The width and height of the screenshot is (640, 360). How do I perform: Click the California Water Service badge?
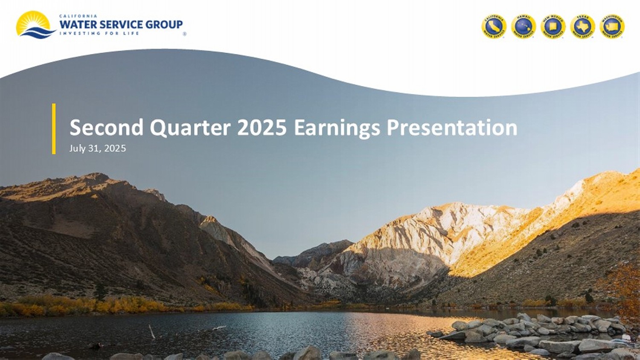point(494,27)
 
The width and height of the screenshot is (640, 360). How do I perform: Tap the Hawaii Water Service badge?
point(524,27)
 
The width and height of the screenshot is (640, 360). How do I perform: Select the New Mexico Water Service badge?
point(553,27)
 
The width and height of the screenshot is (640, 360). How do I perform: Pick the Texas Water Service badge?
point(582,27)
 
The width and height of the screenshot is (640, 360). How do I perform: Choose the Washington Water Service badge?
point(612,27)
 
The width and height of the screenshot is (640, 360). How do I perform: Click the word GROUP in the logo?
point(164,25)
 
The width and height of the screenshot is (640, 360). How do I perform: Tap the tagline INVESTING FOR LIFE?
point(99,33)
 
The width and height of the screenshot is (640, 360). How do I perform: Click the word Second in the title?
point(106,128)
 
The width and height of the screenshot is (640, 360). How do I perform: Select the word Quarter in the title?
point(190,128)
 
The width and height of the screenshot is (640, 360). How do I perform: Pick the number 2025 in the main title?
point(262,128)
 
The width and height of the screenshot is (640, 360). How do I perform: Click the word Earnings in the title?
point(337,128)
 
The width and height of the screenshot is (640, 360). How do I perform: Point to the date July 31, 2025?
point(98,148)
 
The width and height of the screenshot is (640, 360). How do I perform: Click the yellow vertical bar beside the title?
point(54,128)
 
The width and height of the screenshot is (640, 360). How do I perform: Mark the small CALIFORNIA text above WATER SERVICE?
point(78,16)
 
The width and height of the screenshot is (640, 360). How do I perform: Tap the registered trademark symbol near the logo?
point(184,34)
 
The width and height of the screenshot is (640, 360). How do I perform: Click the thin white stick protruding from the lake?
point(151,331)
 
